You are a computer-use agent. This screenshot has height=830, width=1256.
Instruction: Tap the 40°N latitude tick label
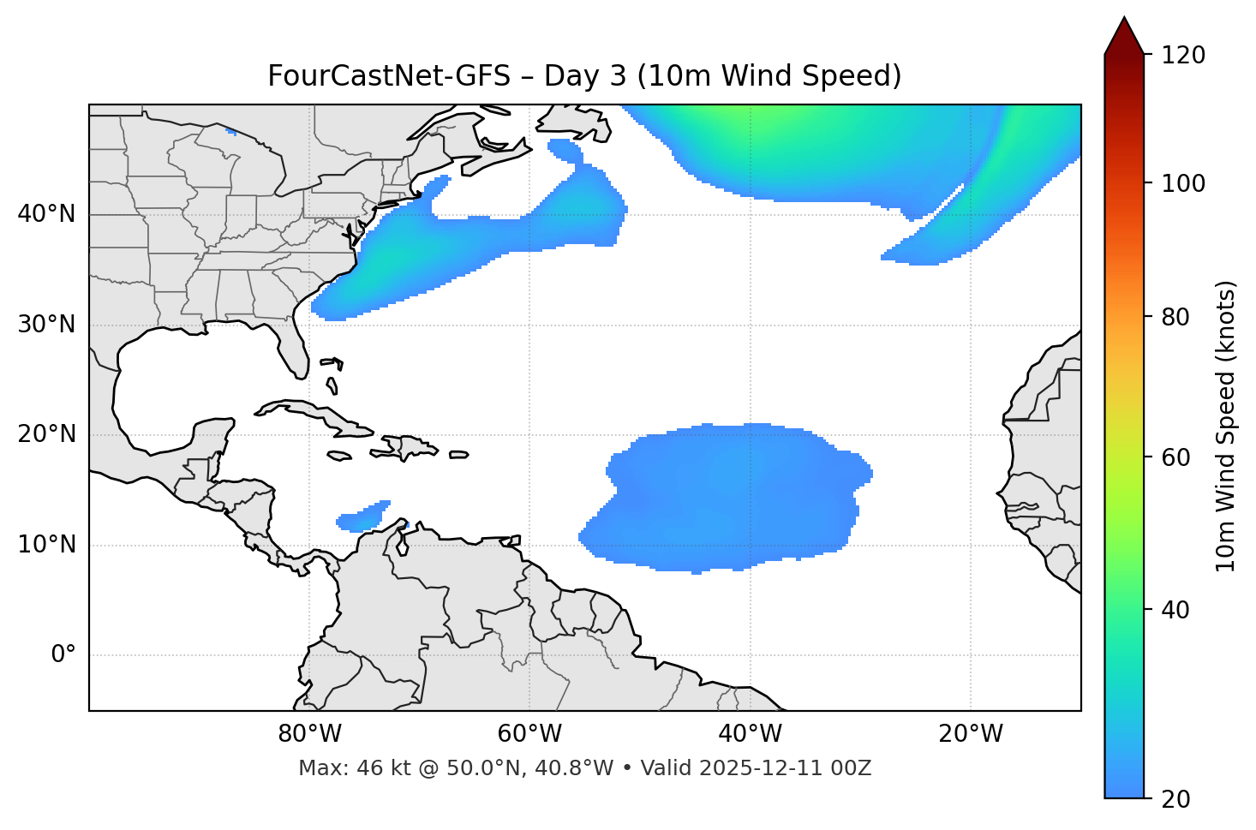pyautogui.click(x=46, y=214)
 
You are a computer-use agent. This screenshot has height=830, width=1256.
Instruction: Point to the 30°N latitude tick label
pyautogui.click(x=46, y=325)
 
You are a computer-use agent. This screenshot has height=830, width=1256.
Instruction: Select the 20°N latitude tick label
pyautogui.click(x=46, y=434)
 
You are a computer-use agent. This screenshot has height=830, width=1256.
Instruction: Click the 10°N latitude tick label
pyautogui.click(x=46, y=545)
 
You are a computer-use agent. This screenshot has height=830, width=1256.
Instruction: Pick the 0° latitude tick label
pyautogui.click(x=63, y=655)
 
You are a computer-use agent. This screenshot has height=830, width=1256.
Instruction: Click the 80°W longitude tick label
pyautogui.click(x=309, y=734)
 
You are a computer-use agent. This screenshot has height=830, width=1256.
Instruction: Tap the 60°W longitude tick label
pyautogui.click(x=529, y=734)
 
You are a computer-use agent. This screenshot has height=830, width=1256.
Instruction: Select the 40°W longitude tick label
pyautogui.click(x=750, y=734)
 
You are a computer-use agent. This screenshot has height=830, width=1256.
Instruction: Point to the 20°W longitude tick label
pyautogui.click(x=970, y=734)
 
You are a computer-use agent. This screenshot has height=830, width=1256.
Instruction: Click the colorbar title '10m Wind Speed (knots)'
pyautogui.click(x=1226, y=426)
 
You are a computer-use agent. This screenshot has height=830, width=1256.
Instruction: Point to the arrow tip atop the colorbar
pyautogui.click(x=1124, y=19)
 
